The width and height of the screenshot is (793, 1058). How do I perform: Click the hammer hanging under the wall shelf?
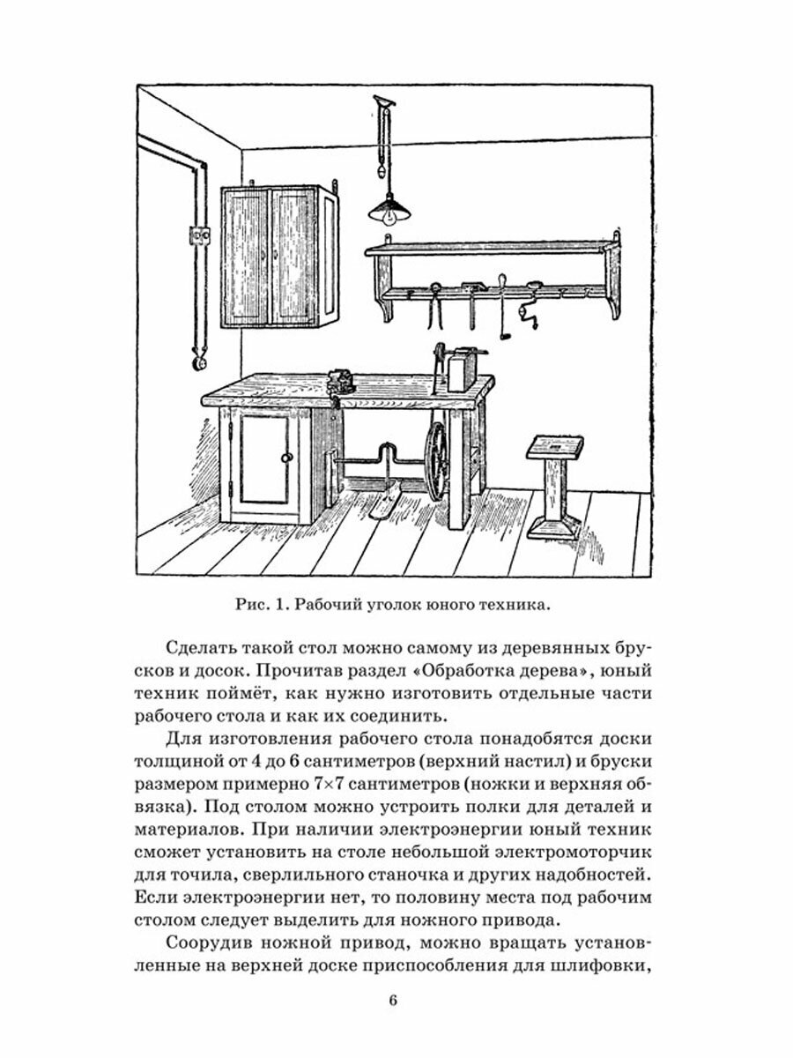472,304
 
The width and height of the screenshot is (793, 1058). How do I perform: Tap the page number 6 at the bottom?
394,1000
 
